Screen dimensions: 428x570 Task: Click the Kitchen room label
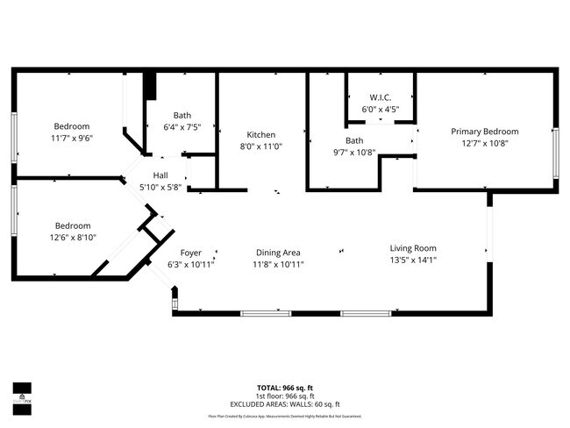pyautogui.click(x=260, y=135)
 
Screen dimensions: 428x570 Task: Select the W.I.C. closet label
pyautogui.click(x=380, y=97)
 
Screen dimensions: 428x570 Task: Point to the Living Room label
pyautogui.click(x=413, y=248)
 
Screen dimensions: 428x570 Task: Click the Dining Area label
pyautogui.click(x=278, y=253)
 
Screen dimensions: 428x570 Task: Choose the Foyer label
pyautogui.click(x=190, y=253)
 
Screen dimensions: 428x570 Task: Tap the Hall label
pyautogui.click(x=160, y=175)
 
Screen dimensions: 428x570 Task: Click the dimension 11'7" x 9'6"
pyautogui.click(x=72, y=138)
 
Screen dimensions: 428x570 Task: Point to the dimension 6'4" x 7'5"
pyautogui.click(x=182, y=127)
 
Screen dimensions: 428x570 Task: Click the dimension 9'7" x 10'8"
pyautogui.click(x=354, y=152)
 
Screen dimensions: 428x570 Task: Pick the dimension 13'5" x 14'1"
pyautogui.click(x=413, y=260)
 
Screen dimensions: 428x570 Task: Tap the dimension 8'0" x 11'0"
pyautogui.click(x=260, y=146)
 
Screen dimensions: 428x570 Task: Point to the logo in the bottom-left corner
pyautogui.click(x=22, y=393)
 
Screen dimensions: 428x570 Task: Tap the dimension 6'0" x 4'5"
pyautogui.click(x=380, y=110)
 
